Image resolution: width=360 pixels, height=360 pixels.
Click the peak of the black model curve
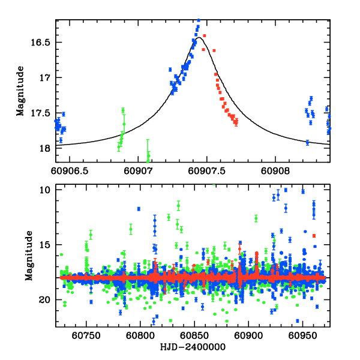pos(199,37)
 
